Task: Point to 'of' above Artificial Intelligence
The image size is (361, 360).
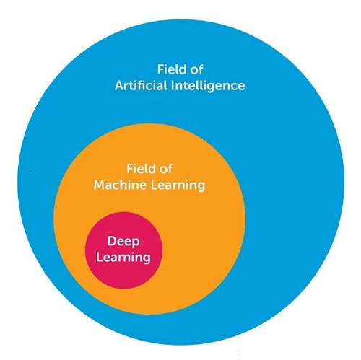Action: click(197, 70)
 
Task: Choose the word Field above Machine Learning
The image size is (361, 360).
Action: click(141, 168)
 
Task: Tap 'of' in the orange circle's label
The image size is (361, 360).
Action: click(166, 169)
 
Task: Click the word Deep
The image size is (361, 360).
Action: click(123, 242)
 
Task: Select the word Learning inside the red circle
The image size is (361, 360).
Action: click(123, 258)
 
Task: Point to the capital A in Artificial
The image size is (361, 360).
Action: click(119, 86)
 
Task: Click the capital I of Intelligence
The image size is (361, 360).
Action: click(173, 86)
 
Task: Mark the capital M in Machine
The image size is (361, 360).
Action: click(99, 185)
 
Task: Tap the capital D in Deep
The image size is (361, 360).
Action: click(112, 241)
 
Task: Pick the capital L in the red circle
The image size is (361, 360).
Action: click(100, 257)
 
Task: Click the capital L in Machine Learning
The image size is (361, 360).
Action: click(154, 185)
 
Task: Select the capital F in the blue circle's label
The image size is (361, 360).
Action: click(161, 69)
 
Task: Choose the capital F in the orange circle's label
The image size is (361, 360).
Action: click(130, 168)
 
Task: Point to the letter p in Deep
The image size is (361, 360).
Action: click(136, 242)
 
